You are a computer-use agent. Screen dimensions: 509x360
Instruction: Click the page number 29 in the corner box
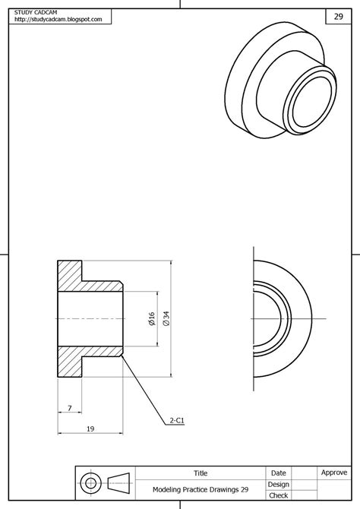(x=338, y=16)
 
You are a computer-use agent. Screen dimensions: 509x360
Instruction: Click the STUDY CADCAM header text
(x=37, y=12)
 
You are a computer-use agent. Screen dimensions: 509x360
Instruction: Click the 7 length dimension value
(x=69, y=409)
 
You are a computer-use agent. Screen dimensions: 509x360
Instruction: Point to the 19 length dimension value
(x=90, y=429)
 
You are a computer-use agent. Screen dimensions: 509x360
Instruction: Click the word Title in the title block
(x=201, y=473)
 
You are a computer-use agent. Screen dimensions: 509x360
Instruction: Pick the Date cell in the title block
(x=278, y=473)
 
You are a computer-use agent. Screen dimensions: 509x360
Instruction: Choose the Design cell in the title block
(x=278, y=484)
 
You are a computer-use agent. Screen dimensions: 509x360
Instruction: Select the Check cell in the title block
(x=278, y=495)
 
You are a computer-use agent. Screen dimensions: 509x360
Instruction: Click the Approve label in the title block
(x=334, y=473)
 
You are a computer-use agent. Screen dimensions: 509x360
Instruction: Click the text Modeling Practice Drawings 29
(x=201, y=490)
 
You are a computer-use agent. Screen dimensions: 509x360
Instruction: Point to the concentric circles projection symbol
(x=92, y=482)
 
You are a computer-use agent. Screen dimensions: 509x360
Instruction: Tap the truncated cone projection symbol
(x=119, y=482)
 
